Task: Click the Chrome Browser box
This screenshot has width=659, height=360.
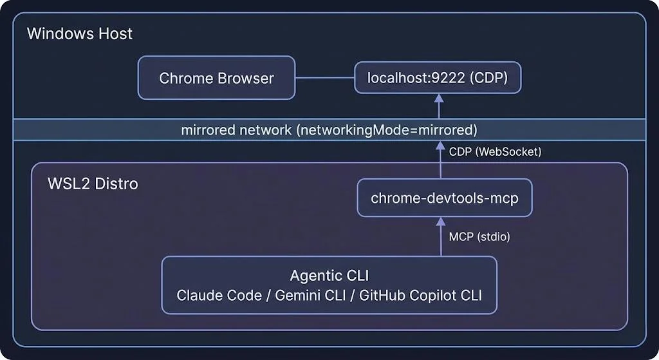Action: click(216, 78)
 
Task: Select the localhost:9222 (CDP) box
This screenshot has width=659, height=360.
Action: click(438, 78)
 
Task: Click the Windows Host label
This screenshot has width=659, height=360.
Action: click(80, 33)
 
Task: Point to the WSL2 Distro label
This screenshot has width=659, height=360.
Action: click(93, 184)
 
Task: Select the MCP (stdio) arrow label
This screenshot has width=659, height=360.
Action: click(479, 236)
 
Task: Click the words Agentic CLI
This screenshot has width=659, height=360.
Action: click(329, 276)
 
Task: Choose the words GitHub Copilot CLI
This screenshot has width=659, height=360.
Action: click(420, 296)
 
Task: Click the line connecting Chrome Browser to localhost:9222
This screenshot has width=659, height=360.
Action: click(325, 78)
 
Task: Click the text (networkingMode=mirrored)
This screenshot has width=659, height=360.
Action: click(386, 130)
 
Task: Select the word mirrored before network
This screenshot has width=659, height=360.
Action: click(208, 130)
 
